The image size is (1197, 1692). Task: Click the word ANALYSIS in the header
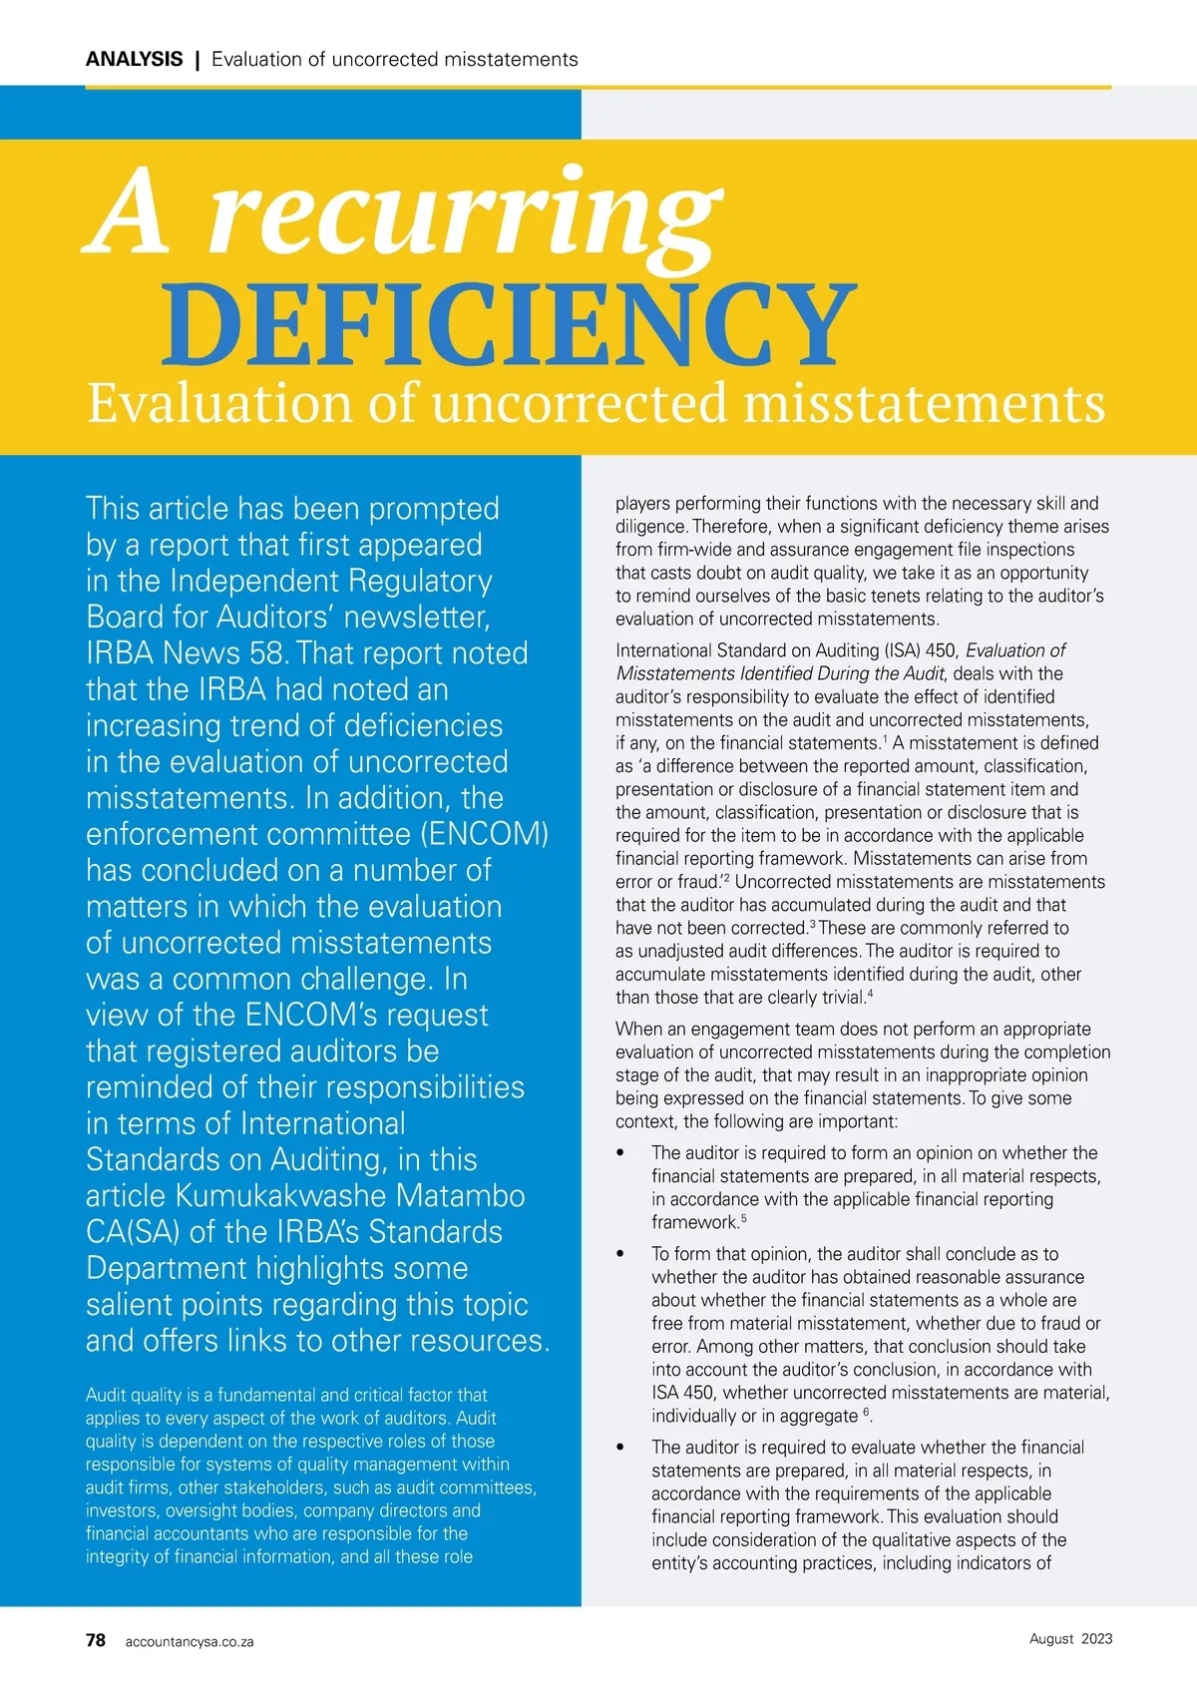(x=134, y=59)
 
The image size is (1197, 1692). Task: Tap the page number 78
(x=96, y=1640)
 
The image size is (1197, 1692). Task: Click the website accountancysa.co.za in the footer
(x=190, y=1642)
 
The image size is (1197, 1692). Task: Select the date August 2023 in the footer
(x=1070, y=1639)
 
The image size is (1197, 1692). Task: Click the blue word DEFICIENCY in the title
(x=509, y=324)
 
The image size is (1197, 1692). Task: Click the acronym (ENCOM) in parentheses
(x=484, y=834)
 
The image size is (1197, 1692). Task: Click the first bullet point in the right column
(x=620, y=1153)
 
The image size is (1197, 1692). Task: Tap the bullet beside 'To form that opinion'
(x=620, y=1254)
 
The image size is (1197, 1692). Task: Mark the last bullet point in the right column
(x=620, y=1448)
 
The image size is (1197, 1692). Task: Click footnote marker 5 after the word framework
(x=744, y=1218)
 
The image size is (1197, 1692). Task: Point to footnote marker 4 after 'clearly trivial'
(x=871, y=994)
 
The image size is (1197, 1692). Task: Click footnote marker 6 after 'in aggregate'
(x=867, y=1412)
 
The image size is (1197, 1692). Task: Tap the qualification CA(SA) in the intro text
(x=133, y=1232)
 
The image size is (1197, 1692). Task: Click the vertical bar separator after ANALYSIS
(x=198, y=59)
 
